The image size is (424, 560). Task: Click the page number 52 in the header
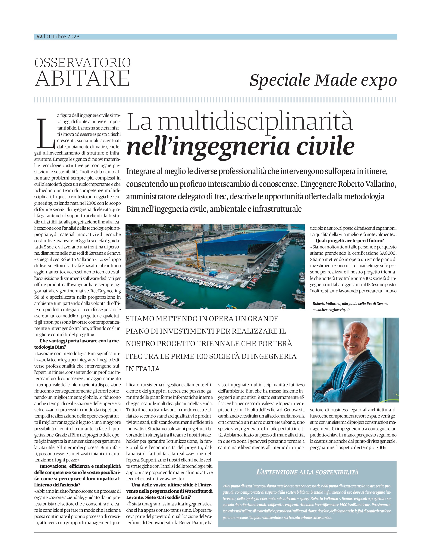[x=40, y=37]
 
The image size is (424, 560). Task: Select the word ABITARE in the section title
[x=83, y=78]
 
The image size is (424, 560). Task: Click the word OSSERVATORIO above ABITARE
[x=83, y=63]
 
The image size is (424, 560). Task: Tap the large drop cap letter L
[x=46, y=134]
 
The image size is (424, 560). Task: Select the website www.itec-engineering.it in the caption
[x=331, y=310]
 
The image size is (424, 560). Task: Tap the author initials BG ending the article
[x=383, y=448]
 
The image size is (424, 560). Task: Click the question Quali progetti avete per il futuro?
[x=350, y=241]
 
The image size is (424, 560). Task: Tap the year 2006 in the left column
[x=91, y=203]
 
